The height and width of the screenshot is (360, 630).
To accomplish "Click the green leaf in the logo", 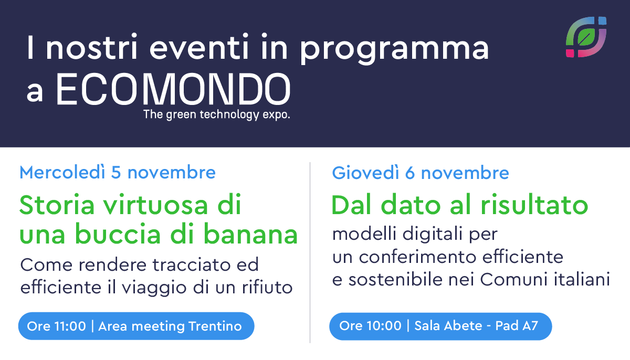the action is pos(586,37).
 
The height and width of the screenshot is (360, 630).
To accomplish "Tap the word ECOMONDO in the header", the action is pos(173,89).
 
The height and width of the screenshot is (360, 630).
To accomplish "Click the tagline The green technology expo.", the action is pos(216,114).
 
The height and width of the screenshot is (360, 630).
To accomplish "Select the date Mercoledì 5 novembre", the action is pos(118,172).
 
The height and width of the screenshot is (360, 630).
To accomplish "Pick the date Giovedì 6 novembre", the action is pos(421,173).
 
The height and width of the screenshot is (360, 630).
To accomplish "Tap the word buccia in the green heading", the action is pos(118,234).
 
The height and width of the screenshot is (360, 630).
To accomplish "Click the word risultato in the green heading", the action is pos(534,205).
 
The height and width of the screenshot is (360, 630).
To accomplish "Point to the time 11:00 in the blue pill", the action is pos(70,326).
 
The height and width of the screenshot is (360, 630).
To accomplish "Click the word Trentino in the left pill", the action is pos(215,326).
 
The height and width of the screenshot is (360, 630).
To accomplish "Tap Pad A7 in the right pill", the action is pos(517,326).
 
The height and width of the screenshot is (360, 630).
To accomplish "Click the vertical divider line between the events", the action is pos(310,252).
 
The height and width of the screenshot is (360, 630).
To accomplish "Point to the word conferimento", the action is pos(418,257).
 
